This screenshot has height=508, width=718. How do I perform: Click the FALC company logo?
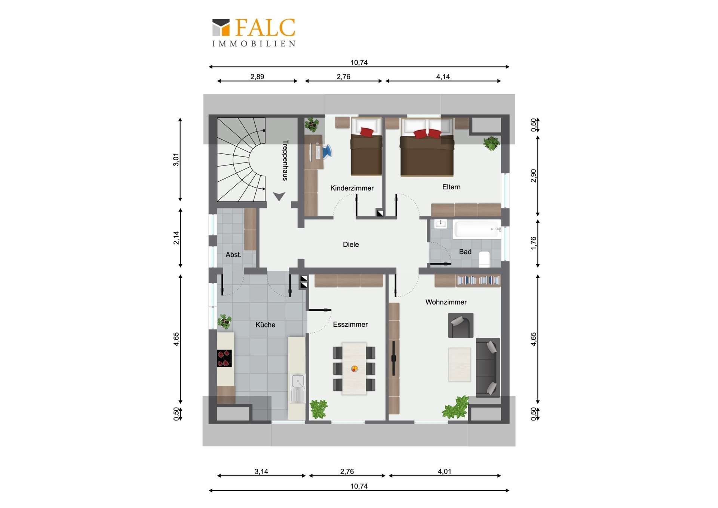pyautogui.click(x=254, y=33)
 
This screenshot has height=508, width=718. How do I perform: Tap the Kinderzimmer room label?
pyautogui.click(x=352, y=188)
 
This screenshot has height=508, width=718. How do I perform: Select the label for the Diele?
pyautogui.click(x=351, y=244)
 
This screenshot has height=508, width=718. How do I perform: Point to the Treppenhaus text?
pyautogui.click(x=285, y=160)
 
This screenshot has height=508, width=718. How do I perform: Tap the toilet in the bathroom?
pyautogui.click(x=484, y=259)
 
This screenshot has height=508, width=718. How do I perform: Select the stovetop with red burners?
pyautogui.click(x=224, y=358)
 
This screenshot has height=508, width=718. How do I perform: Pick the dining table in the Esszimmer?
pyautogui.click(x=354, y=368)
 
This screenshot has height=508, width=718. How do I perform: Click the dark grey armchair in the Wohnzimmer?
pyautogui.click(x=461, y=325)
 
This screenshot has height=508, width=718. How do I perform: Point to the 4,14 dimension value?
pyautogui.click(x=443, y=77)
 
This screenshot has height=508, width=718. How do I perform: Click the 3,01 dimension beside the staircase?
pyautogui.click(x=176, y=159)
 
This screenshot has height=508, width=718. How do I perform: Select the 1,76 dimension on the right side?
pyautogui.click(x=533, y=243)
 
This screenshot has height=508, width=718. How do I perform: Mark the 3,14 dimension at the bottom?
pyautogui.click(x=261, y=471)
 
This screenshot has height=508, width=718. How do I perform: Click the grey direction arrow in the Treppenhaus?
pyautogui.click(x=279, y=196)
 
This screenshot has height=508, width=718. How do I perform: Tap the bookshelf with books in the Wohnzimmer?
pyautogui.click(x=478, y=280)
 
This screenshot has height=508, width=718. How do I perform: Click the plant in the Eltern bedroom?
pyautogui.click(x=491, y=143)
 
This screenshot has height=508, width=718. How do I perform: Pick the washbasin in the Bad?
pyautogui.click(x=441, y=224)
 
